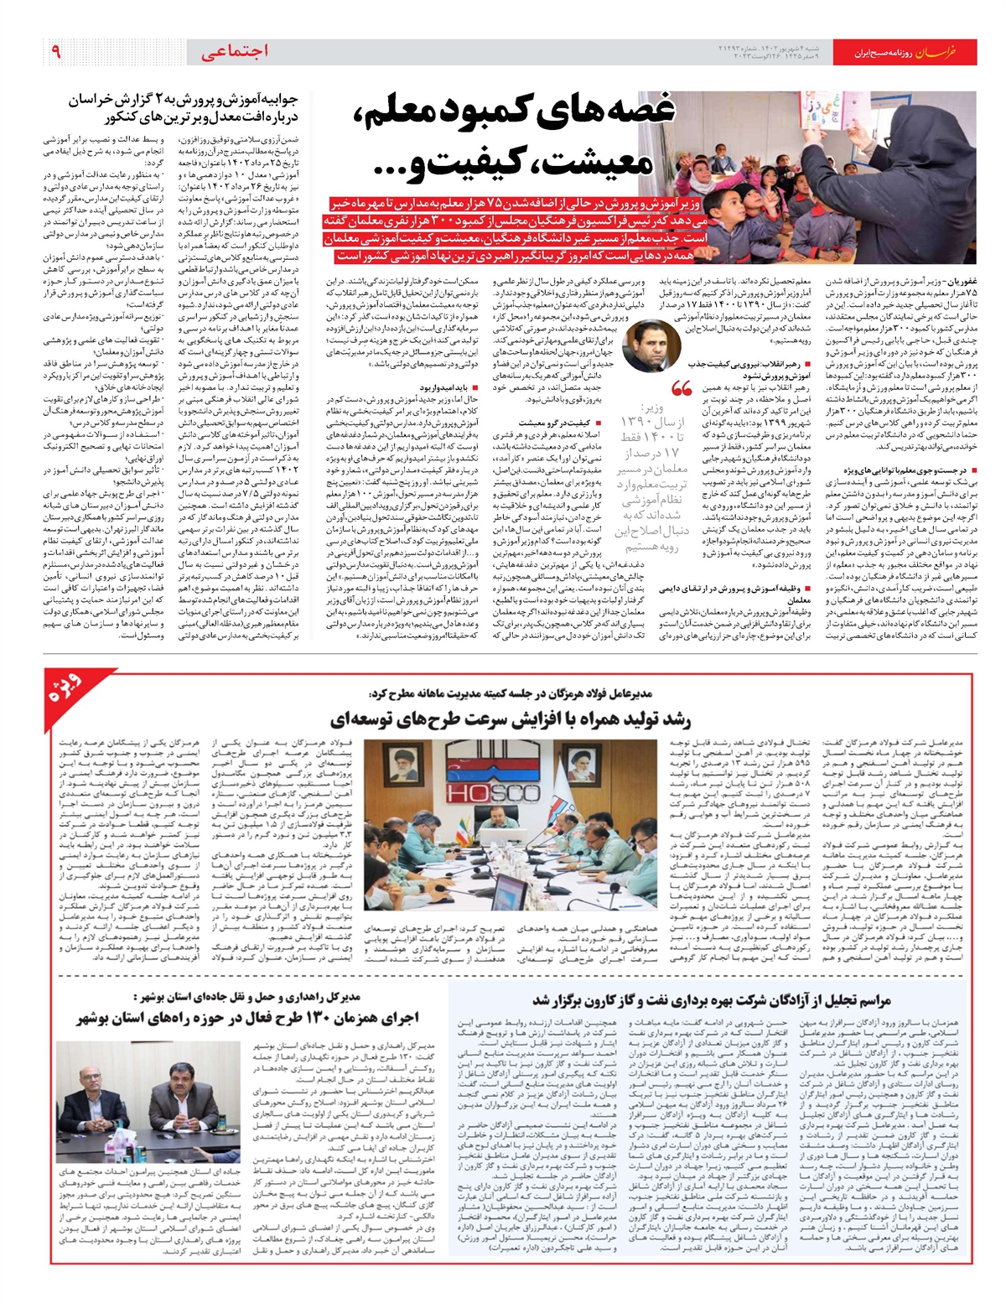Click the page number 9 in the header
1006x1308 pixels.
56,52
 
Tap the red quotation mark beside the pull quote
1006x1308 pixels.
680,389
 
